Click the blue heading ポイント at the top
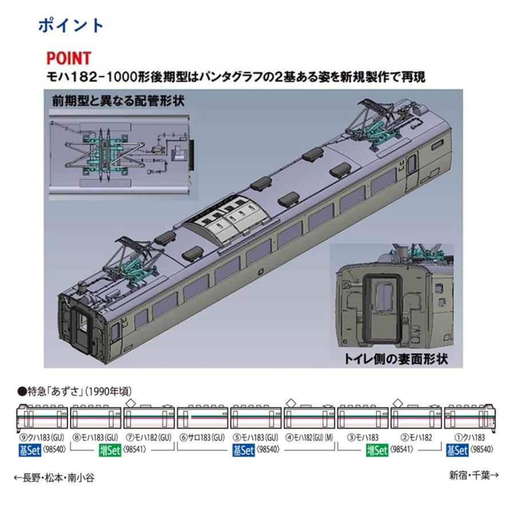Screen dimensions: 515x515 (71, 25)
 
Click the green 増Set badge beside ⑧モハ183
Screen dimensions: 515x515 (109, 450)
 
